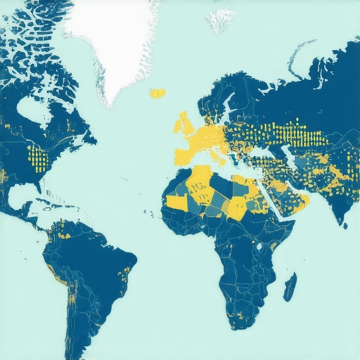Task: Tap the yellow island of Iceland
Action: (x=157, y=93)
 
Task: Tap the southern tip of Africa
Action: (x=239, y=325)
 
